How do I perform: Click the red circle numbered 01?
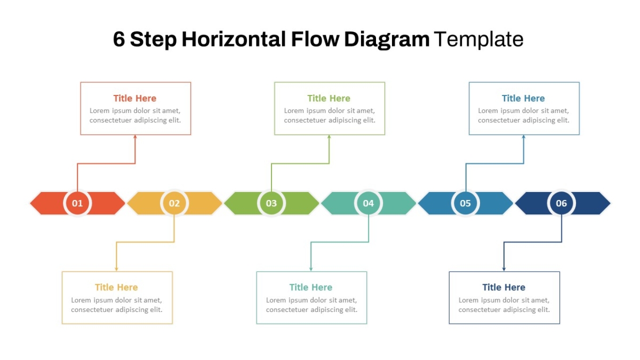[x=77, y=203]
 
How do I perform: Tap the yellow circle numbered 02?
[x=174, y=203]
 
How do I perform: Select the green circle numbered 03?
[x=271, y=203]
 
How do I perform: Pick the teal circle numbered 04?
[x=369, y=203]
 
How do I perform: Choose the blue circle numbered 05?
[x=466, y=203]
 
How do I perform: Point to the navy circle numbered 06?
[x=562, y=203]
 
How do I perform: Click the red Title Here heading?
[x=135, y=98]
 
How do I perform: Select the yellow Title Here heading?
[x=116, y=287]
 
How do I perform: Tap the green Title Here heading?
[x=329, y=98]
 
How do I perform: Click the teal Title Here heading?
[x=311, y=287]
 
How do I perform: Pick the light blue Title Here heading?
[x=523, y=98]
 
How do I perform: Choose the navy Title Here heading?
[x=503, y=287]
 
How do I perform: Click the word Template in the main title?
[x=479, y=39]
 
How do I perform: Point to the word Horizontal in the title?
[x=234, y=39]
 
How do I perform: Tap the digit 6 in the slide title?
[x=119, y=39]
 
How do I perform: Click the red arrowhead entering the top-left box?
[x=135, y=137]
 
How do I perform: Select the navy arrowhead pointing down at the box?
[x=504, y=269]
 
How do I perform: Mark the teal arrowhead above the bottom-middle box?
[x=311, y=269]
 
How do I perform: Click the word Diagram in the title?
[x=387, y=40]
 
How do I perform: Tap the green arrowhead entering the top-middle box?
[x=329, y=137]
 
